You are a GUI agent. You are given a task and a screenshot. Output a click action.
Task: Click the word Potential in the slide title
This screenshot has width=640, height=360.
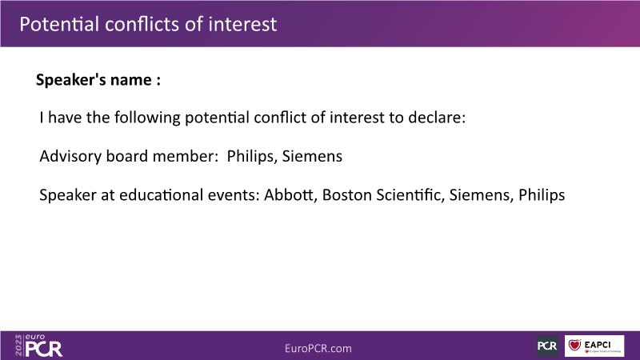click(x=59, y=24)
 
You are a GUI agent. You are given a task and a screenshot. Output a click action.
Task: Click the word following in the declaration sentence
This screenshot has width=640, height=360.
click(x=147, y=118)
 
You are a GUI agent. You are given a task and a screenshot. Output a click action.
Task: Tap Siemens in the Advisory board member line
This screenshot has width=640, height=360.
click(x=312, y=156)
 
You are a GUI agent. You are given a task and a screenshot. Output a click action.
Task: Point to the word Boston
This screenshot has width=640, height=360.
click(x=346, y=195)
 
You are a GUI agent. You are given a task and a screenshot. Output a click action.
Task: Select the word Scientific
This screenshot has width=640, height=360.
click(x=410, y=195)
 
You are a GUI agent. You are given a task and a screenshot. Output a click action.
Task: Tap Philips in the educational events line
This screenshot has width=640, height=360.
click(x=542, y=195)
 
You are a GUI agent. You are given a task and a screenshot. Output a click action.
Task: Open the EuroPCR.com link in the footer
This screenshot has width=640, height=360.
click(x=318, y=348)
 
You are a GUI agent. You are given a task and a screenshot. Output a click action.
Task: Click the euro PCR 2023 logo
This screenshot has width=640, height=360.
click(x=38, y=346)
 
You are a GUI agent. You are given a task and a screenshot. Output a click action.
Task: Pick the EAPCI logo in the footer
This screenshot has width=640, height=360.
click(x=594, y=346)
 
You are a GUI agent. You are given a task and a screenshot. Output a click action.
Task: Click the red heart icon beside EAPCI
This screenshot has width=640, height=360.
click(x=574, y=345)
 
